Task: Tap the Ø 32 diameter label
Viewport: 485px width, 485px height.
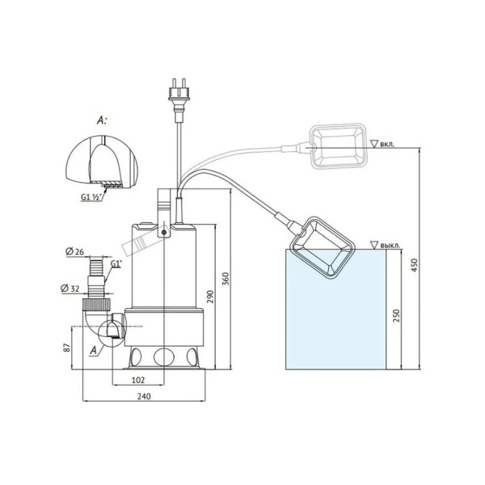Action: (70, 288)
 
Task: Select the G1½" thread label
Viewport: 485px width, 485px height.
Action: (91, 196)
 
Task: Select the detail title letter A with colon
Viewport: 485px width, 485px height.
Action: (102, 119)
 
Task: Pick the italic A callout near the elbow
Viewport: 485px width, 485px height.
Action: (95, 349)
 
